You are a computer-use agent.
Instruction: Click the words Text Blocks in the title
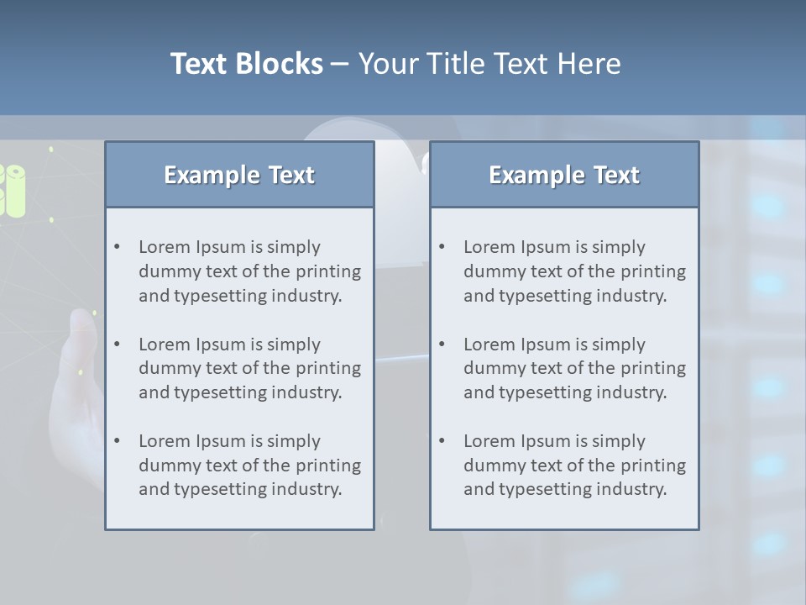click(246, 64)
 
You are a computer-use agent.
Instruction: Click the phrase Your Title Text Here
click(489, 64)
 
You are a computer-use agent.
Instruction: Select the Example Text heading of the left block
click(239, 175)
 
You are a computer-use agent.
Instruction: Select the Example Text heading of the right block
click(564, 175)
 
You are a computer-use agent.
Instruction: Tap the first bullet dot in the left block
click(118, 247)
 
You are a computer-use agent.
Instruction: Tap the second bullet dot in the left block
click(118, 345)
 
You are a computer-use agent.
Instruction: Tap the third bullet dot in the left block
click(118, 441)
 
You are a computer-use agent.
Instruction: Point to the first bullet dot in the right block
click(442, 247)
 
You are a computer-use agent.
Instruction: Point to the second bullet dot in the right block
click(442, 345)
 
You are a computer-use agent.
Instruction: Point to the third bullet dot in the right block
click(442, 441)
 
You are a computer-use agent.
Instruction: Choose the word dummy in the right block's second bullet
click(489, 368)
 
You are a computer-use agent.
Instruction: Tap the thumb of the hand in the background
click(82, 332)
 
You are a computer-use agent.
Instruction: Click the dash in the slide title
click(340, 64)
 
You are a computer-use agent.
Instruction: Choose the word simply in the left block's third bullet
click(292, 441)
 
